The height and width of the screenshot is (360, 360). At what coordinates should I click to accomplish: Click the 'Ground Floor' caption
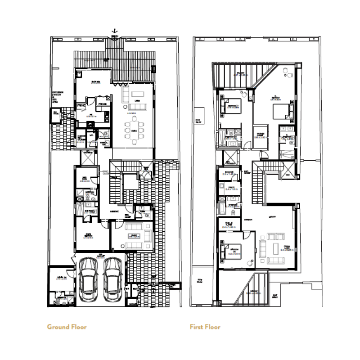tap(67, 327)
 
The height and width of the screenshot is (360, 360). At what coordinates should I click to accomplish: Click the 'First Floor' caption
tap(205, 327)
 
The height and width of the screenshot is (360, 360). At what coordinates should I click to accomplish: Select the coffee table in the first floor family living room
tap(274, 247)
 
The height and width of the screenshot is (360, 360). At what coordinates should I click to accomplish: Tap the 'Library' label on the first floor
tap(271, 217)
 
